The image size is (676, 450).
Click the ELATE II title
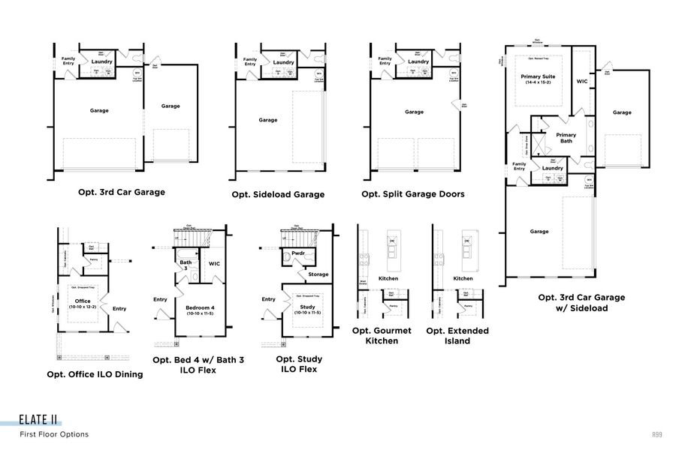click(40, 420)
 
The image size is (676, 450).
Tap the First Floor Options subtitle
click(54, 434)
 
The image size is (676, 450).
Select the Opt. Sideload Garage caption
click(278, 194)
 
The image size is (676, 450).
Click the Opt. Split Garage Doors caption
click(413, 193)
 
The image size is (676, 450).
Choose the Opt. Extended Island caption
click(457, 335)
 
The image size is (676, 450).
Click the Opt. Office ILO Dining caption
click(95, 374)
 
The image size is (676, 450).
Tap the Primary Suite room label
click(539, 76)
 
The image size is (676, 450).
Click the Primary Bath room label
click(566, 139)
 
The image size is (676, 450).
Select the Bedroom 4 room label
click(200, 307)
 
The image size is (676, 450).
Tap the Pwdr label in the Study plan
click(297, 253)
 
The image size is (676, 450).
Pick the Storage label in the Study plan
click(318, 274)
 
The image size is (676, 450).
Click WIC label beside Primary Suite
click(581, 80)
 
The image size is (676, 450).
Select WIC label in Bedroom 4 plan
click(214, 263)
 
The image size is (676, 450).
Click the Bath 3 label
click(186, 265)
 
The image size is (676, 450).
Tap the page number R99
click(656, 434)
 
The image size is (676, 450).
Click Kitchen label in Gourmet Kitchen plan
click(388, 278)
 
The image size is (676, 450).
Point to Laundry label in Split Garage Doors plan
click(418, 62)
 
